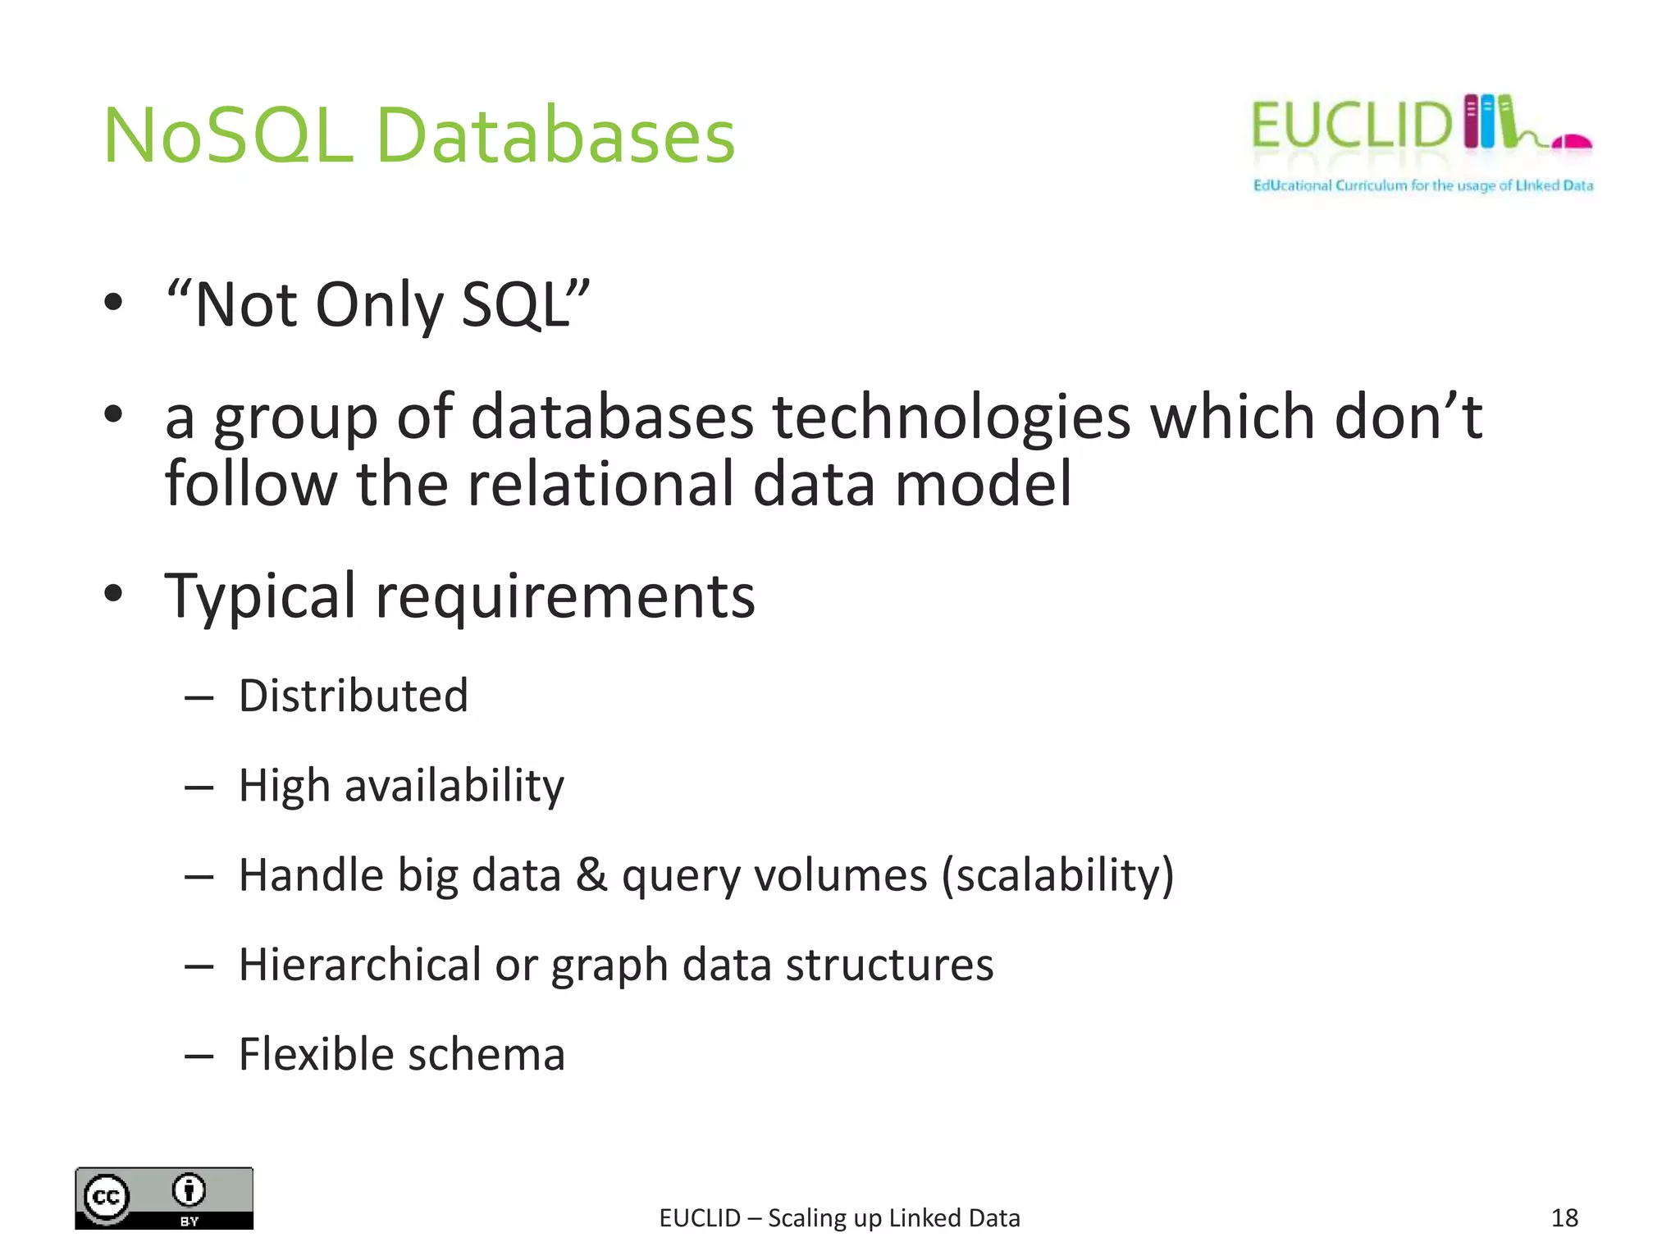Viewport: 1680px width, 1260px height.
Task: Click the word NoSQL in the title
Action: pyautogui.click(x=228, y=136)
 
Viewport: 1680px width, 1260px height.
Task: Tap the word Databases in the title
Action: pyautogui.click(x=555, y=136)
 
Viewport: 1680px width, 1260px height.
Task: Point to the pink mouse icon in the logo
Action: pyautogui.click(x=1572, y=143)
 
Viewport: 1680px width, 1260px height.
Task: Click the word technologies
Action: pyautogui.click(x=952, y=417)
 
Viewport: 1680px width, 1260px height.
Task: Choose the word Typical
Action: pyautogui.click(x=261, y=596)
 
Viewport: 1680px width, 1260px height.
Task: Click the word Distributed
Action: pyautogui.click(x=354, y=696)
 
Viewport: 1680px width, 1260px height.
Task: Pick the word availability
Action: pyautogui.click(x=454, y=786)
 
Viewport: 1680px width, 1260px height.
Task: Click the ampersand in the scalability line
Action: pyautogui.click(x=591, y=874)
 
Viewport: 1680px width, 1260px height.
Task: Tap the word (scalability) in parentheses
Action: pyautogui.click(x=1057, y=875)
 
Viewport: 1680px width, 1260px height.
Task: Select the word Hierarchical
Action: pyautogui.click(x=359, y=965)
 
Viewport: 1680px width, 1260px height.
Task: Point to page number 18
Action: pyautogui.click(x=1564, y=1218)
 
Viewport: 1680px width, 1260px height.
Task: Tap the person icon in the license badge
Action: pyautogui.click(x=189, y=1189)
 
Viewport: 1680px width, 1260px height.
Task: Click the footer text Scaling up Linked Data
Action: pyautogui.click(x=894, y=1218)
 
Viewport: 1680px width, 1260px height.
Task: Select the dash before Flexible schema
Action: pyautogui.click(x=199, y=1056)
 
